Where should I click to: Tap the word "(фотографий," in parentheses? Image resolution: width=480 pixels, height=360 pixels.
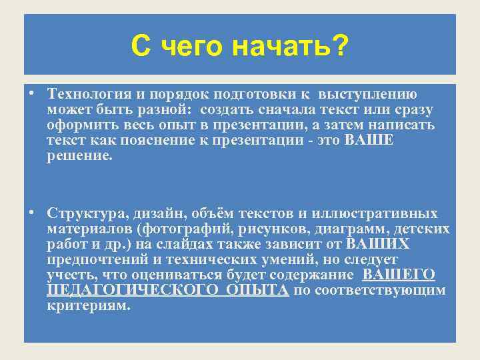click(x=177, y=229)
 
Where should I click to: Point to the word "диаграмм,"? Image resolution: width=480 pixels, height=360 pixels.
click(x=353, y=229)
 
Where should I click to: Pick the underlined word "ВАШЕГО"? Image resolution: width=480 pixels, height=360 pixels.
click(x=399, y=275)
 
